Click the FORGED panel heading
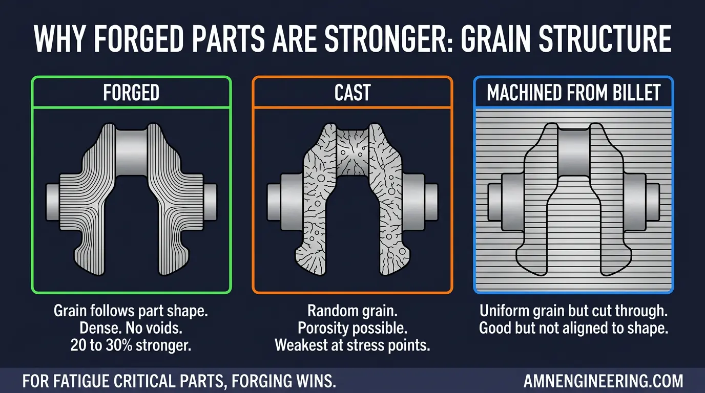[x=131, y=93]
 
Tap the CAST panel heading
[x=352, y=93]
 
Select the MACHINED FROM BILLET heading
[x=573, y=93]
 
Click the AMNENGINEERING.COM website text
[x=603, y=381]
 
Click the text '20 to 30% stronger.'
[x=131, y=345]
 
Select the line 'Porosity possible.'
[x=352, y=328]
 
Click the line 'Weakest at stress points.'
[x=352, y=345]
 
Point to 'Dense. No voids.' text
[x=131, y=328]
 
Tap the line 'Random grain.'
[x=352, y=311]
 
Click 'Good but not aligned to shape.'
[x=573, y=328]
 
